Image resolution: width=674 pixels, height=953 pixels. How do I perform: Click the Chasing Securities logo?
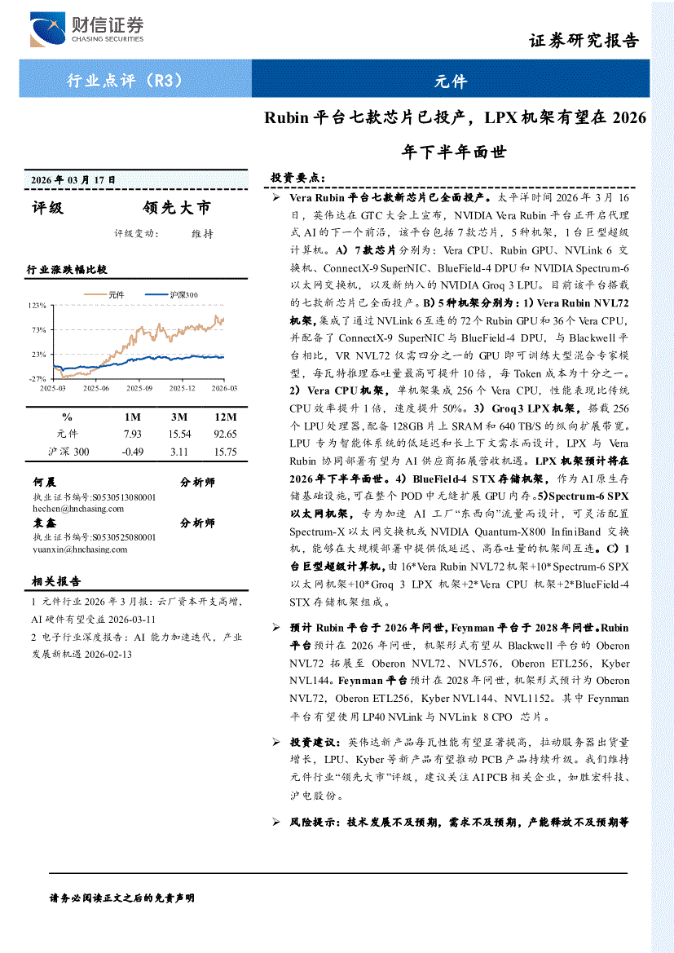pyautogui.click(x=86, y=29)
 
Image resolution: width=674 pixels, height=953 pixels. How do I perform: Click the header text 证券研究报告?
pyautogui.click(x=584, y=41)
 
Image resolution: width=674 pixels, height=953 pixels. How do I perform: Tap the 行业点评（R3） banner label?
pyautogui.click(x=124, y=81)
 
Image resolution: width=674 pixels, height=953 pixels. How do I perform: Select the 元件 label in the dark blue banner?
pyautogui.click(x=450, y=81)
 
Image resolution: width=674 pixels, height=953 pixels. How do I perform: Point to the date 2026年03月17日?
pyautogui.click(x=73, y=179)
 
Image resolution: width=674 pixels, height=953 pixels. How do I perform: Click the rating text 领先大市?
pyautogui.click(x=176, y=208)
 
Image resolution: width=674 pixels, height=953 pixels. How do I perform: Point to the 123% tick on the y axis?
pyautogui.click(x=37, y=305)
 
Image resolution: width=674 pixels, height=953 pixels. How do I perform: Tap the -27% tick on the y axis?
pyautogui.click(x=37, y=379)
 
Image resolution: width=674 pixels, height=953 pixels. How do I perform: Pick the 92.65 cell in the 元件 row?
pyautogui.click(x=223, y=434)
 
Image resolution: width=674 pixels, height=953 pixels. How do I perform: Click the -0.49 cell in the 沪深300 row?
pyautogui.click(x=131, y=452)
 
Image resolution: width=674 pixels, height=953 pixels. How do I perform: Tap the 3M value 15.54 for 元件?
pyautogui.click(x=178, y=434)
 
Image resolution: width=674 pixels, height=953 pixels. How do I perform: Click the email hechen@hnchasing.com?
pyautogui.click(x=78, y=508)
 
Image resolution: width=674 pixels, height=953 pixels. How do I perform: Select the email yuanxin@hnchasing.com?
pyautogui.click(x=80, y=549)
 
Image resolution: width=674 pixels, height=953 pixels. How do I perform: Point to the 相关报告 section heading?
pyautogui.click(x=56, y=581)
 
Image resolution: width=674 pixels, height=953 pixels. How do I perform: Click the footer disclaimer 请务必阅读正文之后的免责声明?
pyautogui.click(x=122, y=898)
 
